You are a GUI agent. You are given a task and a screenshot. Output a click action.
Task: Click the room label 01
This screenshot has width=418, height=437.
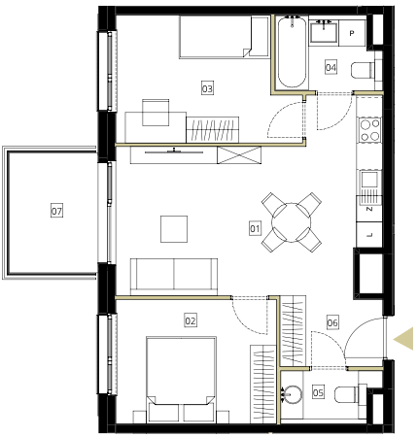click(255, 228)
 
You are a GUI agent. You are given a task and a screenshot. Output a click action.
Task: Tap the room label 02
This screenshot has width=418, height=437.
click(191, 320)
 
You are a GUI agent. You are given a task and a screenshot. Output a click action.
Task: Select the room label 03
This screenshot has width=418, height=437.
click(207, 88)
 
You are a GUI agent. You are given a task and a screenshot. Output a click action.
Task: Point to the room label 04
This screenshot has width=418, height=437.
click(331, 67)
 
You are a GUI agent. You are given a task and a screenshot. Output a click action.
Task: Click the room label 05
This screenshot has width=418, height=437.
click(318, 392)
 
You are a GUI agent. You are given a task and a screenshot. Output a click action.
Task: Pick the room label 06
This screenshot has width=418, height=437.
click(332, 322)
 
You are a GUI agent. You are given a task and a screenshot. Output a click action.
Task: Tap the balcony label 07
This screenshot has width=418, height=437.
click(56, 211)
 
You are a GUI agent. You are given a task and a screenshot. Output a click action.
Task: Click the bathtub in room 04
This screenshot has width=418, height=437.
click(292, 51)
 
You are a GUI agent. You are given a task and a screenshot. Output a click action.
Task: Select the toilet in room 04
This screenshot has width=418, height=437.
click(363, 70)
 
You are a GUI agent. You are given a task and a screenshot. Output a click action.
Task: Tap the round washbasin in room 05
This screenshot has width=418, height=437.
click(293, 394)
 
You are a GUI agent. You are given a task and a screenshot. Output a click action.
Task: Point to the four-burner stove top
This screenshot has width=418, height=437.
click(369, 130)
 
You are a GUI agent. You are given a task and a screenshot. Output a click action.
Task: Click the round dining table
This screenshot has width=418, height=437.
click(292, 222)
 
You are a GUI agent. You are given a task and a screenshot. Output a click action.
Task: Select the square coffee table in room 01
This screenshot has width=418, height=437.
click(174, 229)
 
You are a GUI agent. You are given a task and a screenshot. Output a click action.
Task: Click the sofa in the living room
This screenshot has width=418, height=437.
click(174, 277)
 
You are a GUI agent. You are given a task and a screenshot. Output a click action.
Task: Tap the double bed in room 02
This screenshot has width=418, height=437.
click(181, 380)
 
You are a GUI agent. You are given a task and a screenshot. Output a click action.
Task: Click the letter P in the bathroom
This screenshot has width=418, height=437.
click(352, 33)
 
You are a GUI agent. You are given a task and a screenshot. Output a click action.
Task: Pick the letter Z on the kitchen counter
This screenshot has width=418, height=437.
click(369, 209)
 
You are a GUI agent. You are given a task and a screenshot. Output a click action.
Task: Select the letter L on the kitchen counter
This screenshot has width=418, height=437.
click(369, 235)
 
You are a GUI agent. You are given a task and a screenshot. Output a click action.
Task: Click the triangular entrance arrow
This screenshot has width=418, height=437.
click(405, 339)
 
